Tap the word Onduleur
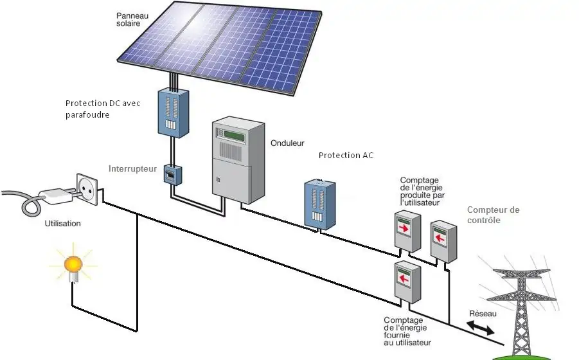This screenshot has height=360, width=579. [x=288, y=143]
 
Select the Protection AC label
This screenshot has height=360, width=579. [x=346, y=156]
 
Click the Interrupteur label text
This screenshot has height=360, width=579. [x=133, y=168]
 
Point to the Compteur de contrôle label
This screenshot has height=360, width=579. [x=494, y=215]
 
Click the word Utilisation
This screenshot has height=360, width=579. [x=62, y=223]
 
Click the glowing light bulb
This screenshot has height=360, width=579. [x=73, y=264]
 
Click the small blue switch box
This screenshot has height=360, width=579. [x=171, y=174]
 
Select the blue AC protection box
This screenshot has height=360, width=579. [x=320, y=204]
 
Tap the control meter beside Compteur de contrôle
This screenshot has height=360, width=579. [x=443, y=239]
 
